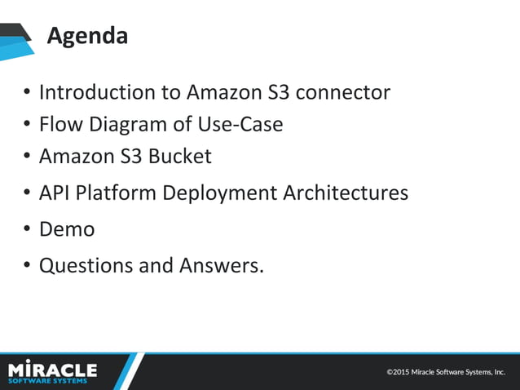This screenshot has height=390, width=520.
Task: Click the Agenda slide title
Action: tap(87, 36)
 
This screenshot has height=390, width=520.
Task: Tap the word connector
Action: tap(342, 92)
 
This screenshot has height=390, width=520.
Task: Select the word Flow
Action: tap(58, 124)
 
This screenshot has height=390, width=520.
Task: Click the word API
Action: tap(55, 193)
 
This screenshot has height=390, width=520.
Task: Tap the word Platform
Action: tap(118, 193)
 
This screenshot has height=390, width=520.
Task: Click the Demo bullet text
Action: tap(67, 229)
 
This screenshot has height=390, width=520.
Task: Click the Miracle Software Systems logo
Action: tap(52, 372)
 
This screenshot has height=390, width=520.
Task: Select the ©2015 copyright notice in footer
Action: tap(446, 372)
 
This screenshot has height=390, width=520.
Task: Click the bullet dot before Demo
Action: tap(27, 230)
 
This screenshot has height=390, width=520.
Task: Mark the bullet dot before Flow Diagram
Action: tap(27, 125)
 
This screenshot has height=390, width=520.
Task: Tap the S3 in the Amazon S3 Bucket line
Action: tap(129, 156)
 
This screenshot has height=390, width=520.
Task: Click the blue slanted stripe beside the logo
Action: tap(130, 371)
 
